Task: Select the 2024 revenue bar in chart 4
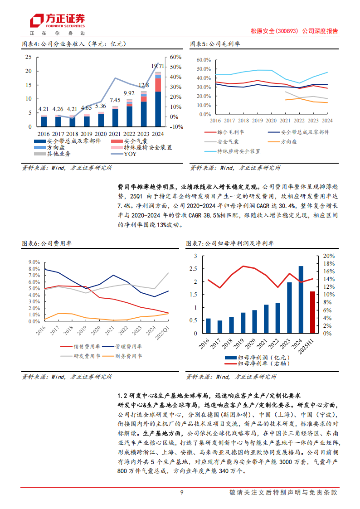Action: pos(158,100)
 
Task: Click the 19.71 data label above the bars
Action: pos(158,66)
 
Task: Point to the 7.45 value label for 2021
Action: pos(115,100)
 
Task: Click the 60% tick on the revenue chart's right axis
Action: pos(176,57)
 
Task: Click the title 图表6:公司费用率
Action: pos(47,243)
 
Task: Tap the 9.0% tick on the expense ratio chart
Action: pos(34,262)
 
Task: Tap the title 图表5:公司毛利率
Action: pos(215,44)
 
